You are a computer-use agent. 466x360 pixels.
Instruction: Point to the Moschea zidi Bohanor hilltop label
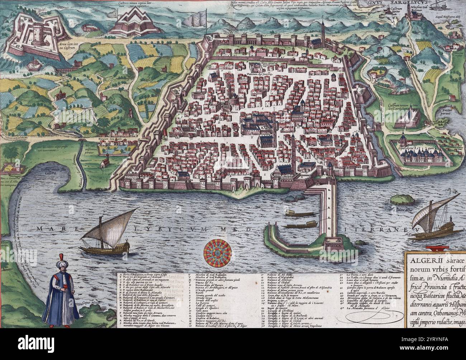coord(415,8)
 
